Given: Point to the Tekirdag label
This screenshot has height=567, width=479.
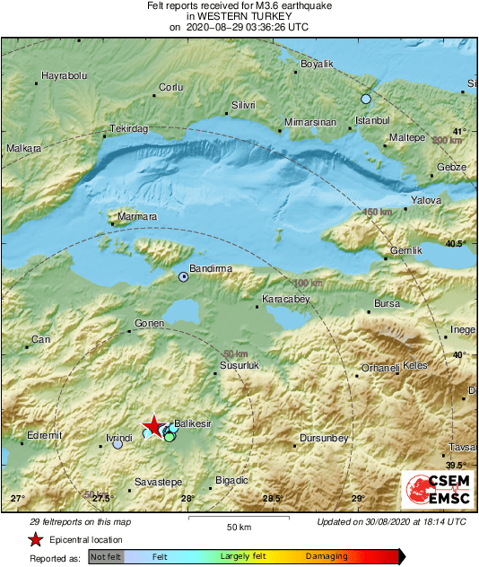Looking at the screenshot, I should pyautogui.click(x=128, y=129).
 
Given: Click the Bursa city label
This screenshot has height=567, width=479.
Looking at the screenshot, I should pyautogui.click(x=387, y=304).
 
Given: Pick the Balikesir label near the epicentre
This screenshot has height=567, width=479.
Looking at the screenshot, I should pyautogui.click(x=194, y=423).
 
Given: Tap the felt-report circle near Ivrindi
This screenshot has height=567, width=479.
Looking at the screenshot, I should pyautogui.click(x=118, y=444).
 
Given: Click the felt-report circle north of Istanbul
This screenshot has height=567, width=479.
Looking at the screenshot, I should pyautogui.click(x=365, y=99).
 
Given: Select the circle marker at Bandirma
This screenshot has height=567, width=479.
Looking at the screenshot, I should pyautogui.click(x=183, y=277).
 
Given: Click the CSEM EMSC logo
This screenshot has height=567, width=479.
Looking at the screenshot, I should pyautogui.click(x=433, y=490).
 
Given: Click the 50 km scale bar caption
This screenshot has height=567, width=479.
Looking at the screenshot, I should pyautogui.click(x=238, y=527).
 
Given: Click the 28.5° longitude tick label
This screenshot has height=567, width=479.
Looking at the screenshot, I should pyautogui.click(x=272, y=499).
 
